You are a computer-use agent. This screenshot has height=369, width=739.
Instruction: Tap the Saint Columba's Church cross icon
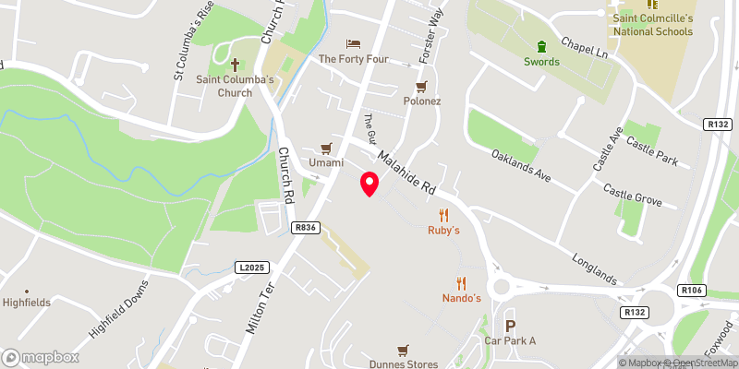(x=235, y=65)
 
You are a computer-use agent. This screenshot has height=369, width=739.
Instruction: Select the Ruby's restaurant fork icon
(x=443, y=214)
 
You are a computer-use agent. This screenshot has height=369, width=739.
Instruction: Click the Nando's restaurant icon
(x=461, y=283)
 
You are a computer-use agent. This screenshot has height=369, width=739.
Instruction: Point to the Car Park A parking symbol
(x=509, y=325)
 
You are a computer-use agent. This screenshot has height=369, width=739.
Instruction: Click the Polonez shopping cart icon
(x=421, y=86)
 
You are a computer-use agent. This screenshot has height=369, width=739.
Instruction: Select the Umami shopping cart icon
(x=325, y=148)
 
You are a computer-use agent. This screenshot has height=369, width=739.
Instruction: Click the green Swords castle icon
(x=541, y=46)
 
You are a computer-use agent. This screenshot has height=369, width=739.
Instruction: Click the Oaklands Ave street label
(x=521, y=165)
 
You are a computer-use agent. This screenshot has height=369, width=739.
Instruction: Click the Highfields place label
(x=27, y=302)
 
